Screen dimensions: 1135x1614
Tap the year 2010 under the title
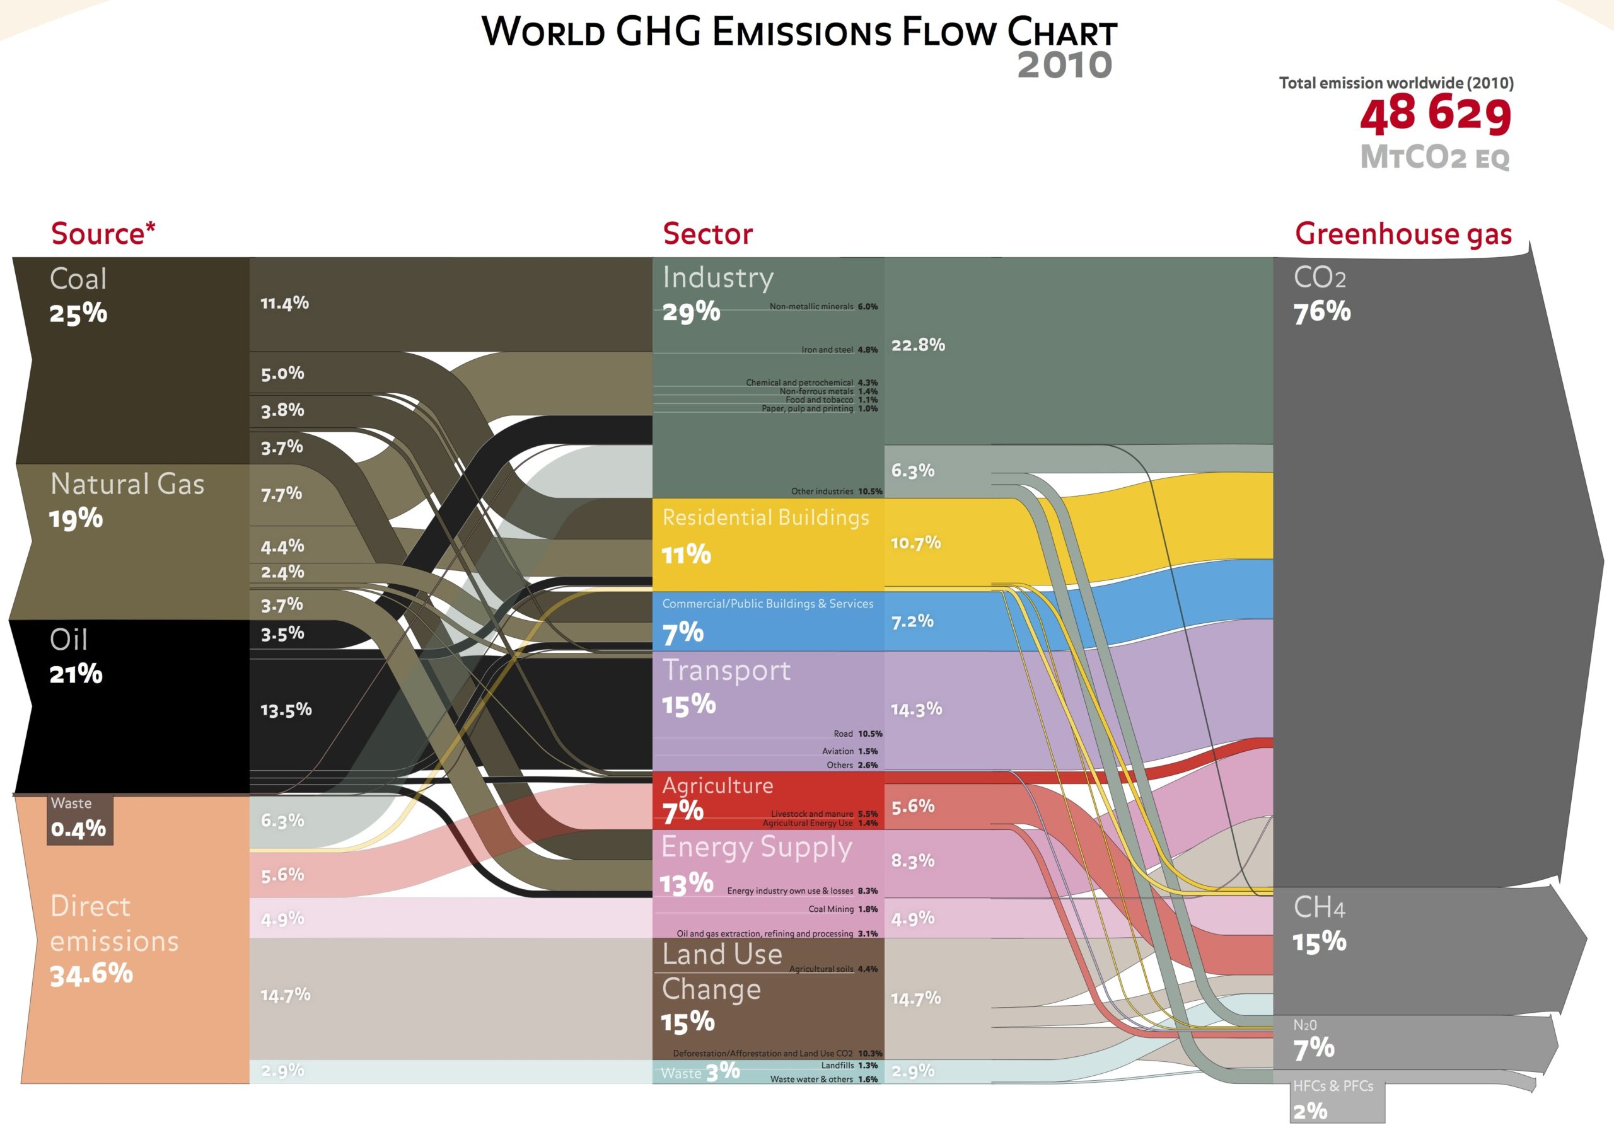click(1064, 66)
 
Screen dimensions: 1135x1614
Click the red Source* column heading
click(103, 233)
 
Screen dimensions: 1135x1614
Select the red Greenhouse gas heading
click(1403, 233)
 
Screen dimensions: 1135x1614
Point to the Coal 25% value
click(78, 313)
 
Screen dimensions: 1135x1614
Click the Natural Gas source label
click(127, 484)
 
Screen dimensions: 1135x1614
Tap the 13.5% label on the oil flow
click(286, 710)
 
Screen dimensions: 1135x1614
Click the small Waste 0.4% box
click(79, 819)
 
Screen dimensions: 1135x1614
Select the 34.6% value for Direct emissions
click(91, 974)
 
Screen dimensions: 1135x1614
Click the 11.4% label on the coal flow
click(285, 303)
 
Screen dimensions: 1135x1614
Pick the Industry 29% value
click(691, 311)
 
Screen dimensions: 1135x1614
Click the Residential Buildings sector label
click(765, 518)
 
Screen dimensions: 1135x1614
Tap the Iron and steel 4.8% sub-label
click(839, 349)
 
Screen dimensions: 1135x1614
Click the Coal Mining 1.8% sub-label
click(842, 909)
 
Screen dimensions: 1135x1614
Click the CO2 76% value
click(1322, 312)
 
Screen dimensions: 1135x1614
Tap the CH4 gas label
click(1319, 907)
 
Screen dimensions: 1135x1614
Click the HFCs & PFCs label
click(1333, 1086)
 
